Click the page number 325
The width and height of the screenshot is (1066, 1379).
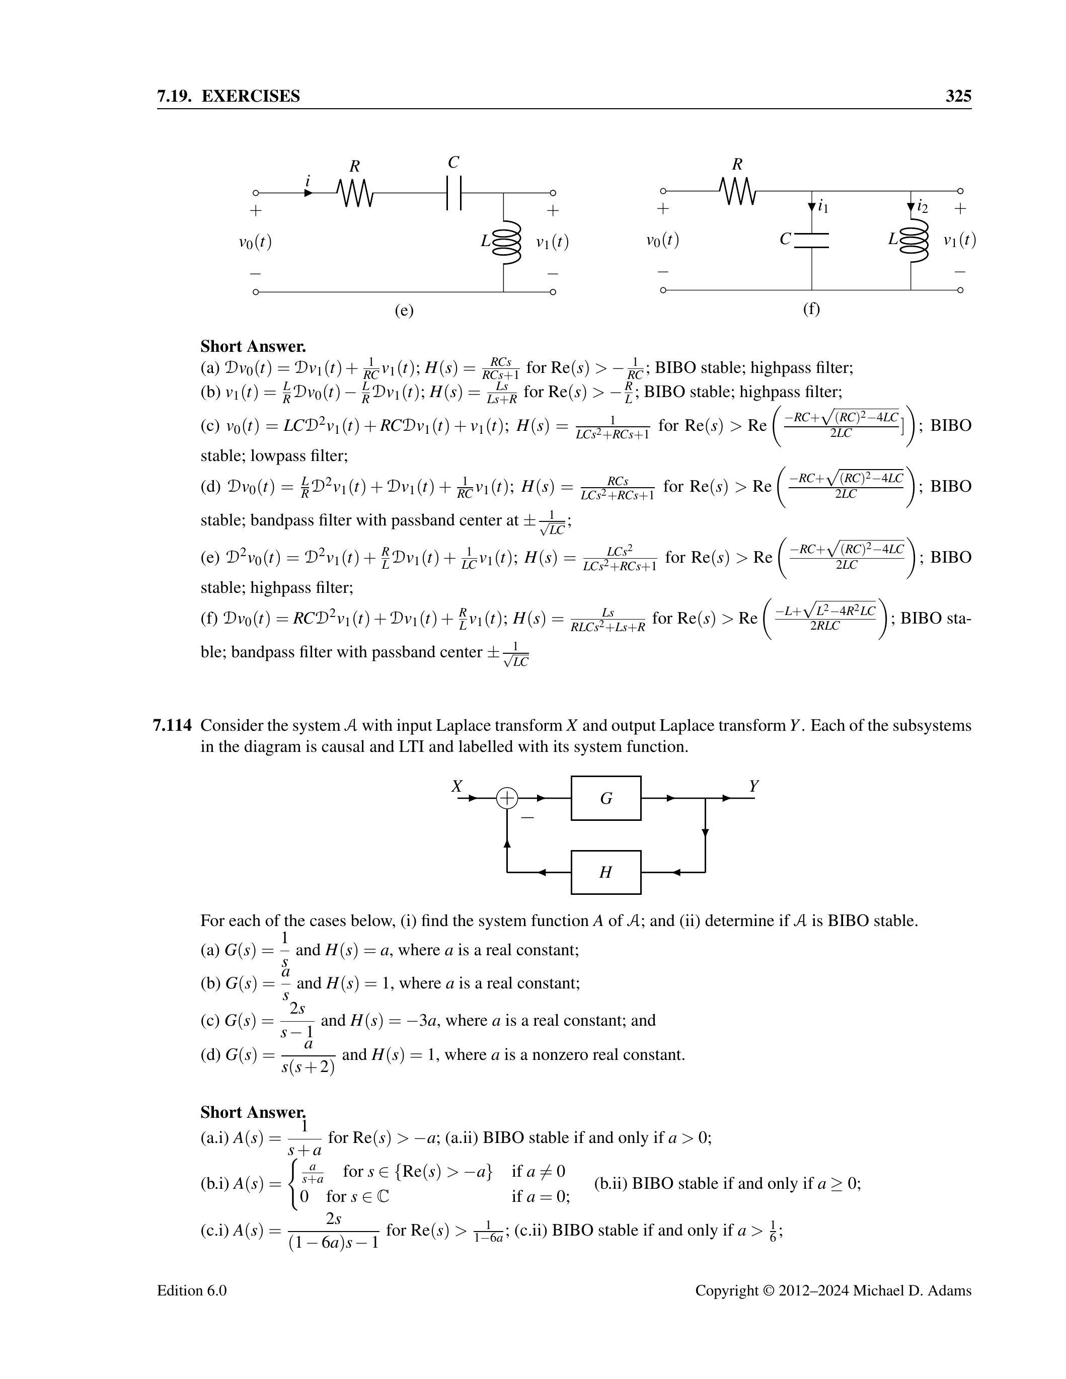957,96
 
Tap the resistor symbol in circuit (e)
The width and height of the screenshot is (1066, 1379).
355,193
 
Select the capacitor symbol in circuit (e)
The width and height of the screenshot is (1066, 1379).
453,193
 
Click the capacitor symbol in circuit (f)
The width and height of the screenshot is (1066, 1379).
811,240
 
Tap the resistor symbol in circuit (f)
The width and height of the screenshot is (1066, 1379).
737,191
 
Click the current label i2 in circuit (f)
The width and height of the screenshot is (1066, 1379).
923,206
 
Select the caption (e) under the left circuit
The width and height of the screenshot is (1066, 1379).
404,310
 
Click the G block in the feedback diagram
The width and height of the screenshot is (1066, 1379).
605,798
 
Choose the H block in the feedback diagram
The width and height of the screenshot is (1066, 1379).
605,872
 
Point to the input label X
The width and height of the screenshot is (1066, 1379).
456,786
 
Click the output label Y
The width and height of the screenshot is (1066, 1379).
753,786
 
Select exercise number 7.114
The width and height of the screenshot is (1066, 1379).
172,726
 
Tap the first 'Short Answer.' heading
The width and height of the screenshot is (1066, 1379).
253,346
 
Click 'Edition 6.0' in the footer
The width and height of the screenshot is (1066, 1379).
191,1290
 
